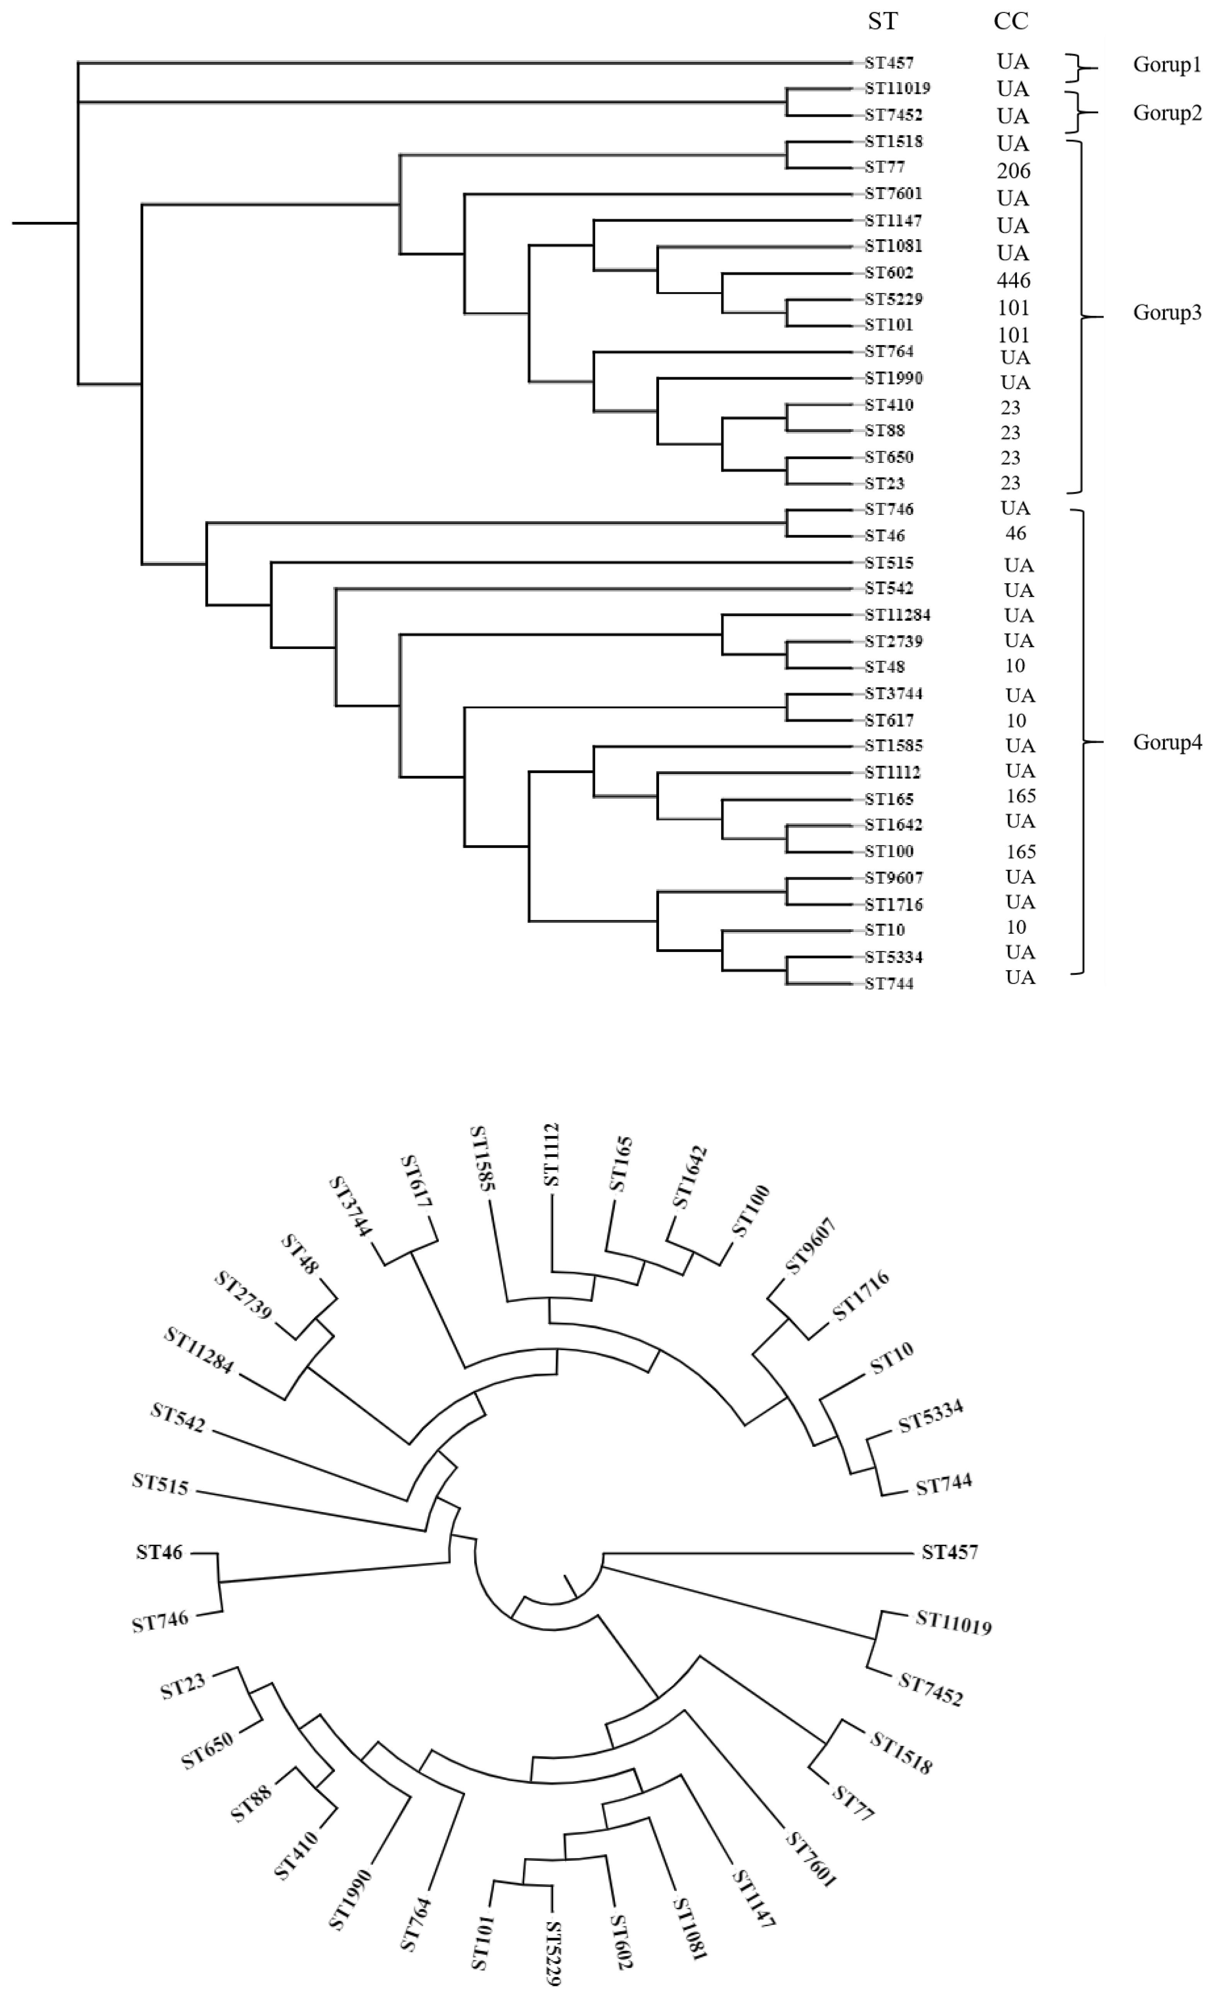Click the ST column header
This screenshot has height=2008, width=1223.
882,21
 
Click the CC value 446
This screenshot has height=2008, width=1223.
1013,280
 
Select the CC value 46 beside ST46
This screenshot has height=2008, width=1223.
1015,534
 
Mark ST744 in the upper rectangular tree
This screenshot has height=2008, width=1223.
889,984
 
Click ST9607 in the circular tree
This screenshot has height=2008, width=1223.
811,1247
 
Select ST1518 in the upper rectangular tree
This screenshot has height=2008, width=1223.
893,142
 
